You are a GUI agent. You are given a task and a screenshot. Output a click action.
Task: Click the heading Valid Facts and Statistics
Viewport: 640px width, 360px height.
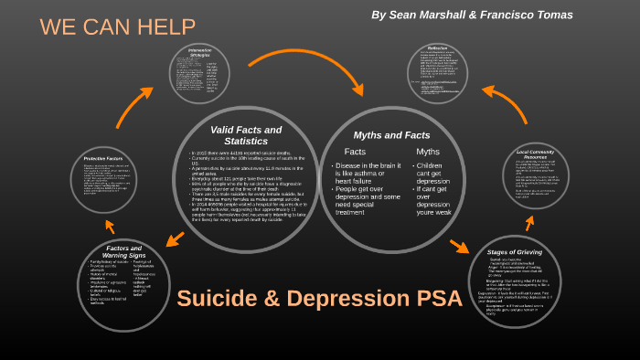tap(246, 135)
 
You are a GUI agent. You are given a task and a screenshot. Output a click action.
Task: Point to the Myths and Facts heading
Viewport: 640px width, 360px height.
tap(391, 134)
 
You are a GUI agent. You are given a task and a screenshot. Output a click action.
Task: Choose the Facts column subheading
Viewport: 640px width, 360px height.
tap(355, 151)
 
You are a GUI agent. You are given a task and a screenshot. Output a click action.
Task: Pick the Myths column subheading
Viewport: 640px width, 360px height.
tap(428, 151)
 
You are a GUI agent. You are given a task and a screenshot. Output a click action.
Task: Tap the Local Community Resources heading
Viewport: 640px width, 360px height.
tap(537, 154)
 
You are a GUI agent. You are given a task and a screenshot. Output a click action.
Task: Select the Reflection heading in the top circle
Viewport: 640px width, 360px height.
tap(438, 48)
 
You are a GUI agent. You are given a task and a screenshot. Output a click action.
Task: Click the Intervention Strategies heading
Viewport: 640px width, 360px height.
tap(199, 52)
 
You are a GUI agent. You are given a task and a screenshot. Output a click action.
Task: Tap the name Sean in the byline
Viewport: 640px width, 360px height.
tap(404, 15)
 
